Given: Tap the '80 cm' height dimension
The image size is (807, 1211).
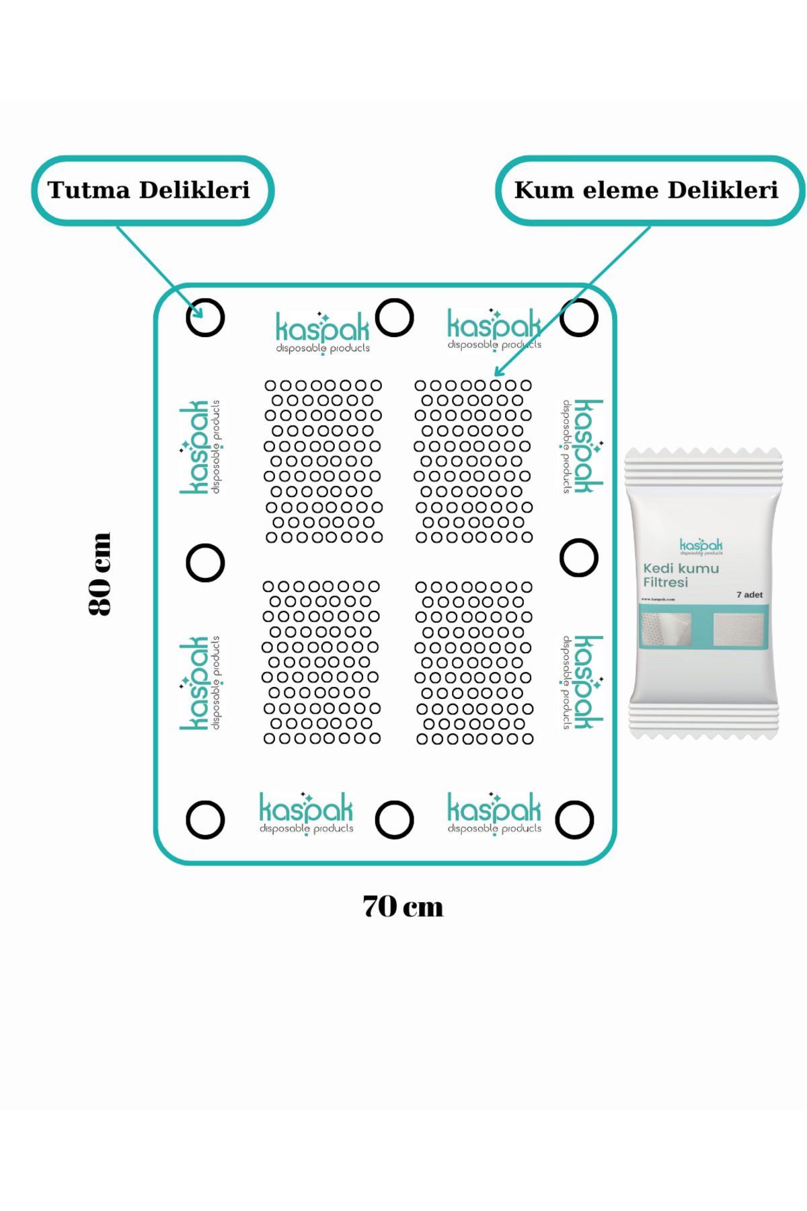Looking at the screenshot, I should click(x=100, y=573).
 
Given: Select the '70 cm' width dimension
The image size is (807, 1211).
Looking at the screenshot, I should click(x=403, y=906).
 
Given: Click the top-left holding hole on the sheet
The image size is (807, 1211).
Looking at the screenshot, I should click(x=205, y=318).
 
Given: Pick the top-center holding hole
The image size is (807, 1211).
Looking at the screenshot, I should click(x=394, y=318).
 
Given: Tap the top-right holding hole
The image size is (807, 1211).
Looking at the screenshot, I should click(x=579, y=318).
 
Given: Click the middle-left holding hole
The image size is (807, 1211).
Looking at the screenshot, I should click(x=205, y=562).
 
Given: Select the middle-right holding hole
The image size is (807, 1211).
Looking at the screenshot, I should click(x=579, y=558).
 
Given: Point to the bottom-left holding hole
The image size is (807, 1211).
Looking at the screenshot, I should click(x=205, y=819).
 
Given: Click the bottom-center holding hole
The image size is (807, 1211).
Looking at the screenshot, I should click(x=394, y=819).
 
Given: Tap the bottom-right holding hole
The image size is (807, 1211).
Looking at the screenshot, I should click(x=575, y=819).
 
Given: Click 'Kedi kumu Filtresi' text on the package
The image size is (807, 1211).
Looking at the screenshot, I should click(x=680, y=575).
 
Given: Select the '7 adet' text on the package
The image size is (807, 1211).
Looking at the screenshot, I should click(x=749, y=595).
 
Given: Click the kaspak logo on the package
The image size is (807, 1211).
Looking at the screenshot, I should click(x=701, y=546).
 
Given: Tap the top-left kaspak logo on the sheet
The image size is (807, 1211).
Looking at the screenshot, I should click(x=323, y=332).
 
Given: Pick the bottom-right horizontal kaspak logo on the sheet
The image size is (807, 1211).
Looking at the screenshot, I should click(x=494, y=813).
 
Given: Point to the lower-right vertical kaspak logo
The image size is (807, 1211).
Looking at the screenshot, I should click(x=582, y=682).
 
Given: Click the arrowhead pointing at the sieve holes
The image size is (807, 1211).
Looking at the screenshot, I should click(x=498, y=373).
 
